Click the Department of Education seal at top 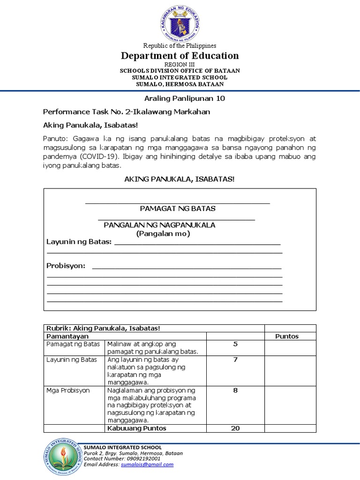(180, 22)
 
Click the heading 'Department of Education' (180, 56)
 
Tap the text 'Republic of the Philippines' (180, 45)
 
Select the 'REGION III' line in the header (180, 64)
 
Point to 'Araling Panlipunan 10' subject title (180, 98)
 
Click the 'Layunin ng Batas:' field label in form (79, 242)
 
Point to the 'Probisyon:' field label (66, 266)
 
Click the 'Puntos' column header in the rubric (287, 336)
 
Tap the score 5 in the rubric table (235, 345)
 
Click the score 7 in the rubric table (235, 360)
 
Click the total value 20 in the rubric (235, 428)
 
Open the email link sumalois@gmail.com (147, 465)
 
